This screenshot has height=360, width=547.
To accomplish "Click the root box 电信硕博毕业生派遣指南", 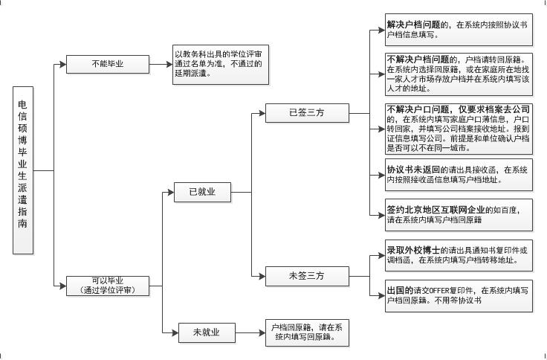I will click(23, 170).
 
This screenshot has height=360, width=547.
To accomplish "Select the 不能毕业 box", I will click(108, 64).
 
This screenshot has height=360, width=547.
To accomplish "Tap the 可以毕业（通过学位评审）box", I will click(108, 286).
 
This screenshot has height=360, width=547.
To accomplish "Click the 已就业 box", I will click(201, 192).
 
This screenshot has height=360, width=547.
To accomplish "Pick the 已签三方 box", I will click(307, 114).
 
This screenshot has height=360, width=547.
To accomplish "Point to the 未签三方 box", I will click(307, 276).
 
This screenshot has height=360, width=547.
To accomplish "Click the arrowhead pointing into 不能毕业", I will click(63, 64).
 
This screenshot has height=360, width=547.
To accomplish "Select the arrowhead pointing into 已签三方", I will click(263, 114).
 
